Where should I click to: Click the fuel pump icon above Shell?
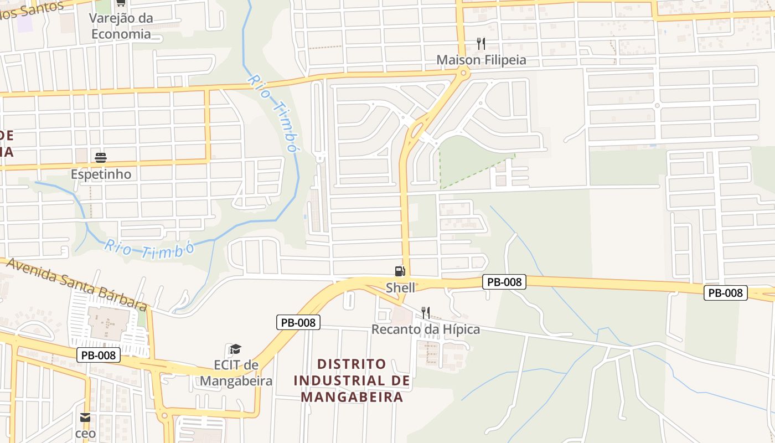click(x=400, y=271)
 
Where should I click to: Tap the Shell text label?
click(x=400, y=288)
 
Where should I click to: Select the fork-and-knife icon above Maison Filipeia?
click(x=481, y=44)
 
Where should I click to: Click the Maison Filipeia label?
click(x=481, y=60)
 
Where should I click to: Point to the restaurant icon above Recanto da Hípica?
click(x=425, y=313)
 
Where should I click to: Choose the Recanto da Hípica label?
click(x=425, y=329)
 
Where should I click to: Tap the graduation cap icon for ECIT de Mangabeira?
click(x=236, y=349)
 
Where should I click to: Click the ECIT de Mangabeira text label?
click(x=236, y=373)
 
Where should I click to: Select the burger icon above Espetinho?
click(x=101, y=158)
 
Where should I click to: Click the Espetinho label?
click(x=101, y=174)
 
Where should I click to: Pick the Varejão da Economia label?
click(x=121, y=26)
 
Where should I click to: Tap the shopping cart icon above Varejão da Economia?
click(x=121, y=3)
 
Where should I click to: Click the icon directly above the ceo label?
click(x=85, y=418)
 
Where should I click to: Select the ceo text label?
click(x=85, y=434)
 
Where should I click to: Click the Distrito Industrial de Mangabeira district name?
click(x=352, y=381)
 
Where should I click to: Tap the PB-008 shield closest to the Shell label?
click(x=504, y=282)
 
